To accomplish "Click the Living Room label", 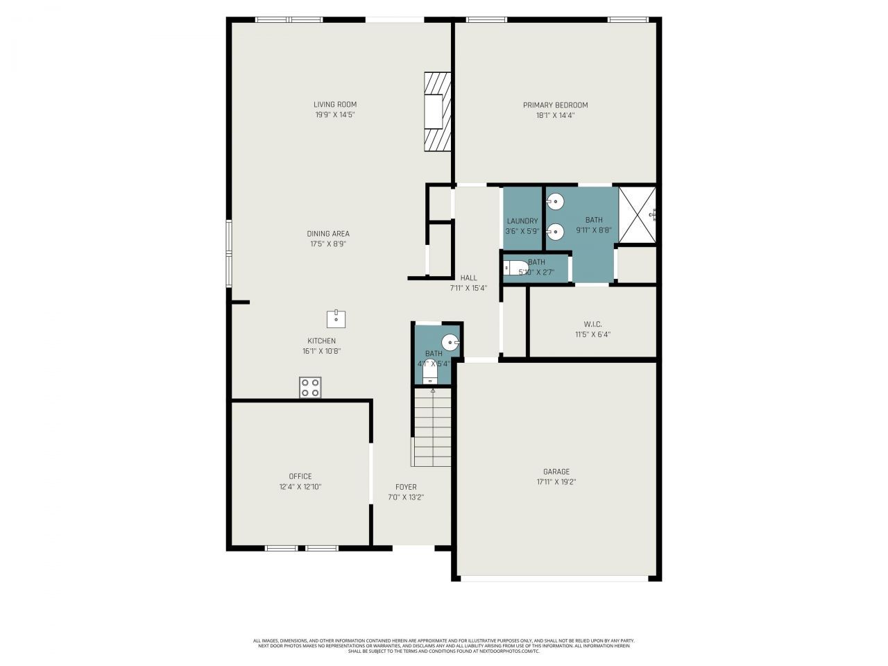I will tap(334, 105).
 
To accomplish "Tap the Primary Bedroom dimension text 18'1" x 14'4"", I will tap(555, 115).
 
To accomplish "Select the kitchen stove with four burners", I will tap(310, 387).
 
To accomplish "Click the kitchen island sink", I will tap(336, 318).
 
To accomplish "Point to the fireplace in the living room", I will tap(437, 111).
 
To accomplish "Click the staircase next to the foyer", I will tap(432, 427).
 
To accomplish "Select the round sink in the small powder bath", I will tap(450, 342).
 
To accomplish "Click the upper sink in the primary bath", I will tap(556, 202).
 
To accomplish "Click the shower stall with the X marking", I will tap(637, 214).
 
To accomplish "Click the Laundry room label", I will tap(522, 221).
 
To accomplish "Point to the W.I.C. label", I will tap(592, 324).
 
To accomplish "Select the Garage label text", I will tap(556, 472).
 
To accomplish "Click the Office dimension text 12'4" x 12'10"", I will tap(300, 486).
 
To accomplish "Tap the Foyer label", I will tap(406, 487).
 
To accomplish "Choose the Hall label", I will tap(468, 277).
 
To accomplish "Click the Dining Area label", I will tap(328, 234).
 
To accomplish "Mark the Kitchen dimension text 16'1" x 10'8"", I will tap(321, 351).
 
